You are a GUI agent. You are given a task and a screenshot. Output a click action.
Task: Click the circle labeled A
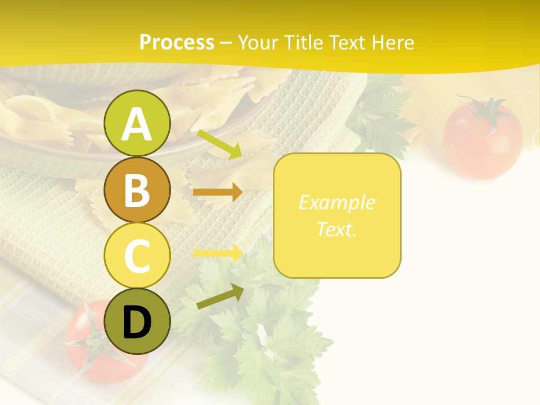click(x=137, y=123)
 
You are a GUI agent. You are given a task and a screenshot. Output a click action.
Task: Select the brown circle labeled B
click(x=137, y=190)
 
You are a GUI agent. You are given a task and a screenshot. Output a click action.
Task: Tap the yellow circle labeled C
click(x=137, y=255)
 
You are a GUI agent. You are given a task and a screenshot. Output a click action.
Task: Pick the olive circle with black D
click(x=137, y=321)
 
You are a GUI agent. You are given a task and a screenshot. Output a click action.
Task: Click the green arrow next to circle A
click(x=219, y=144)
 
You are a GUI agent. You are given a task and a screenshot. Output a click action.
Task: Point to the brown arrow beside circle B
click(x=217, y=192)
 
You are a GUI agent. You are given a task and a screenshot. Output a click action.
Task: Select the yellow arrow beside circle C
click(x=217, y=253)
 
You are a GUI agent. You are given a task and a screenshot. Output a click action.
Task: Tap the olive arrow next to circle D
click(x=219, y=296)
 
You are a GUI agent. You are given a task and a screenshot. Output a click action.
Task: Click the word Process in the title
click(x=177, y=42)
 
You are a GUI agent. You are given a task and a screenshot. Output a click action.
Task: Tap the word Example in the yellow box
click(x=336, y=202)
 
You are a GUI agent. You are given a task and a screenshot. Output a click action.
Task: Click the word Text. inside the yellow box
click(x=336, y=229)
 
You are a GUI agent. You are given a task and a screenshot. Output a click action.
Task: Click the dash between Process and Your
click(x=226, y=43)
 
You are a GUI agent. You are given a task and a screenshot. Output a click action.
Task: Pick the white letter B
click(x=137, y=190)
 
